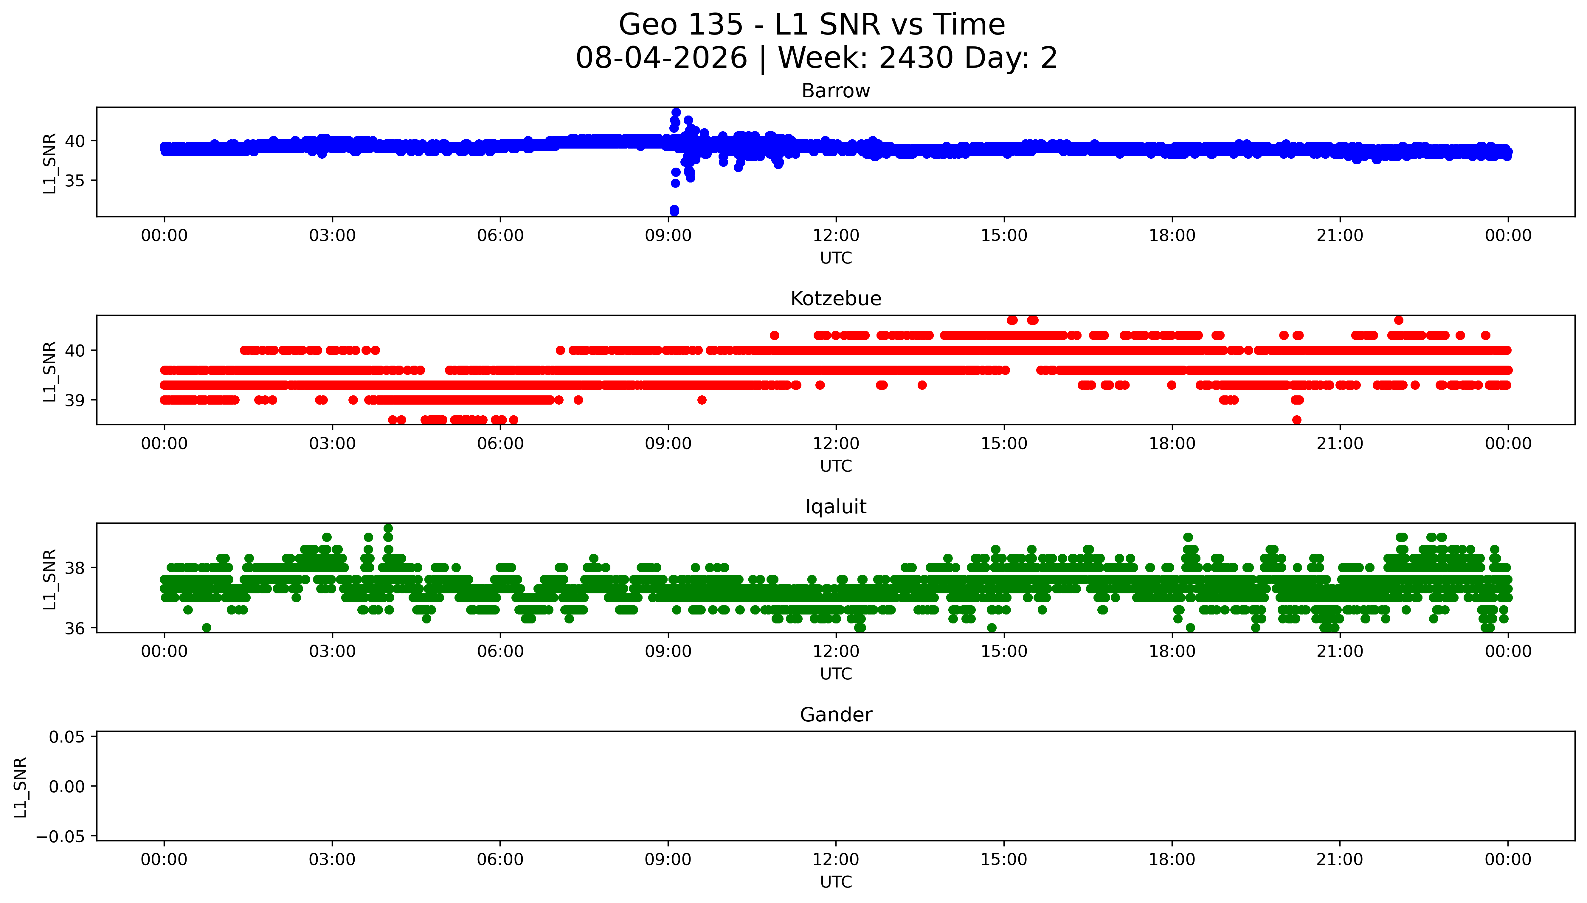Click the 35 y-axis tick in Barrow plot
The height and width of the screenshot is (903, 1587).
click(75, 180)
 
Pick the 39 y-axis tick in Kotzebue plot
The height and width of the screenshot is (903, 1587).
click(75, 400)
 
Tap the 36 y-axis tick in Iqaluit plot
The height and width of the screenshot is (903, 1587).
click(75, 628)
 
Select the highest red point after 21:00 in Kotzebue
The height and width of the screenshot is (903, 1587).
click(1398, 320)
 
